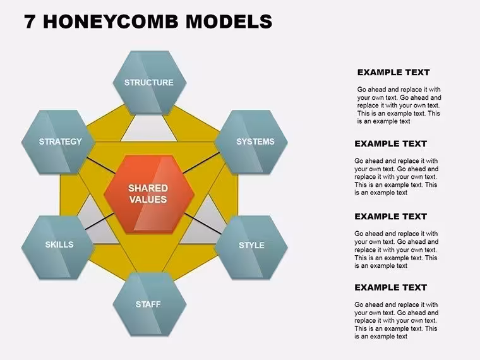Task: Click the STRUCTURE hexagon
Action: pyautogui.click(x=150, y=83)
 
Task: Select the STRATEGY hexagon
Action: pyautogui.click(x=58, y=142)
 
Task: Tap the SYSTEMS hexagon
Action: pyautogui.click(x=251, y=142)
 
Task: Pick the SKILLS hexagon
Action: pyautogui.click(x=58, y=248)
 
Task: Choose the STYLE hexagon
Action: pyautogui.click(x=251, y=248)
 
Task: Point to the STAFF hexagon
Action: pyautogui.click(x=150, y=304)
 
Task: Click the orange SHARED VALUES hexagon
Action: pyautogui.click(x=149, y=194)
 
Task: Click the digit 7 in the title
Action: pyautogui.click(x=30, y=21)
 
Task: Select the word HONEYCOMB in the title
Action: pyautogui.click(x=111, y=21)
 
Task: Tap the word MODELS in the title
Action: pyautogui.click(x=229, y=21)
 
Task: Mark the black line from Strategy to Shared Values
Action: pyautogui.click(x=100, y=165)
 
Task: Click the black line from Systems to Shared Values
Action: pyautogui.click(x=201, y=162)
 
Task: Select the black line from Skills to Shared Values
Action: pyautogui.click(x=100, y=221)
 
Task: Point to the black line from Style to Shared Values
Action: pyautogui.click(x=203, y=224)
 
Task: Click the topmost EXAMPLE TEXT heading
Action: pyautogui.click(x=393, y=73)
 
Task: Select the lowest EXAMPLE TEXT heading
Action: pyautogui.click(x=390, y=288)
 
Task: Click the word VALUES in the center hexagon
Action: pyautogui.click(x=148, y=200)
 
